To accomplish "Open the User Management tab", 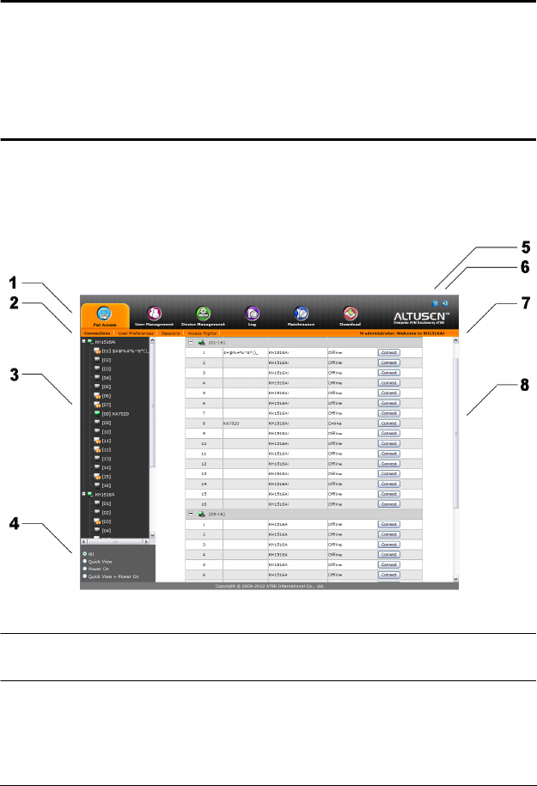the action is coord(154,314).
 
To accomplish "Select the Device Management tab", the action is coord(203,314).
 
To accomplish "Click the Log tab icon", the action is coord(252,314).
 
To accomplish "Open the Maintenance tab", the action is coord(301,314).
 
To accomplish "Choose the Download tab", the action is coord(350,314).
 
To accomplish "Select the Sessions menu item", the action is coord(170,332).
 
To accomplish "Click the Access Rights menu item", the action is coord(202,332).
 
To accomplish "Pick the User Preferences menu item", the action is coord(135,332).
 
